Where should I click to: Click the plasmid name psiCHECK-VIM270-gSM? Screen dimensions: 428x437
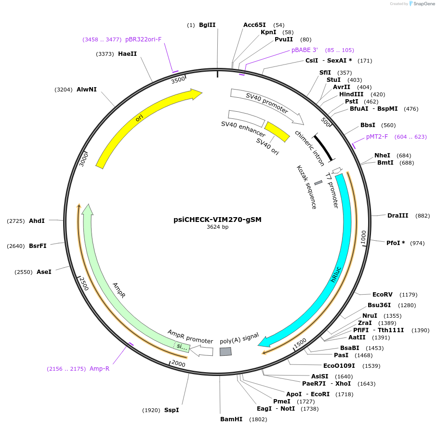[217, 219]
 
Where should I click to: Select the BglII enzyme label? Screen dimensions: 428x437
[207, 25]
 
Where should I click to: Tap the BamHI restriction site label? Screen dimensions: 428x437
[231, 419]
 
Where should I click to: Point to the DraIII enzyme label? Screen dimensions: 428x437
[397, 216]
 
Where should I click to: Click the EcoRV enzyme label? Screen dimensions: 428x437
[382, 294]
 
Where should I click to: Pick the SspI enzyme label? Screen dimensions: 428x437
[172, 410]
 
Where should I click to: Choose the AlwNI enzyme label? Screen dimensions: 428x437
[86, 90]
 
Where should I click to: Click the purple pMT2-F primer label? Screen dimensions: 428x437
[377, 137]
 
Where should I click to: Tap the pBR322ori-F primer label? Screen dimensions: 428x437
[144, 39]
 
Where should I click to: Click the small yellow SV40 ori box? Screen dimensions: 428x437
[277, 132]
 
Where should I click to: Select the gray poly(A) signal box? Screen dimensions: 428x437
[225, 351]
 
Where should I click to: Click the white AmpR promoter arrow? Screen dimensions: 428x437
[202, 351]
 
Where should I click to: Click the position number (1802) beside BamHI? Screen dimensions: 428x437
[258, 419]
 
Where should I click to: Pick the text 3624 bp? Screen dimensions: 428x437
[217, 227]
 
